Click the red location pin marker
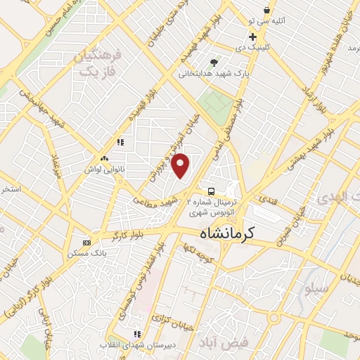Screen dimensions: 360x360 (181, 166)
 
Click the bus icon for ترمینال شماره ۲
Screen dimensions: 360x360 (212, 191)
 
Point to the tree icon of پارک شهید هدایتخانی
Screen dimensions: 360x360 (214, 62)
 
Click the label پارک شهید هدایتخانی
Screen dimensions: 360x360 (214, 72)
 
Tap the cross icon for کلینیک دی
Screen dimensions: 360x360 (252, 37)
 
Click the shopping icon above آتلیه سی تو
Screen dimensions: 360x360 (267, 10)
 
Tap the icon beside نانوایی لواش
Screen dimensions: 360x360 (104, 159)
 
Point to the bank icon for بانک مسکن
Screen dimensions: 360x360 (86, 242)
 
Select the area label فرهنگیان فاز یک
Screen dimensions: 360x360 (98, 63)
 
